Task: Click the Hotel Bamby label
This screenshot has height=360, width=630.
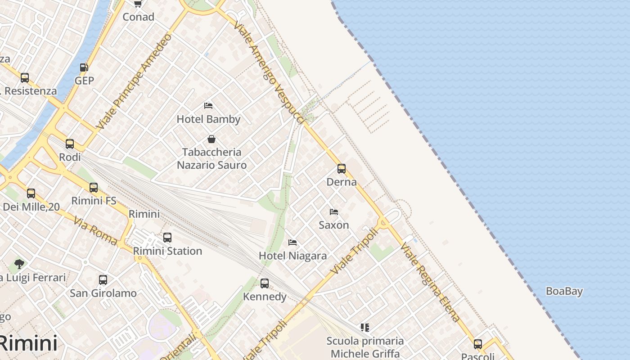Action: (208, 119)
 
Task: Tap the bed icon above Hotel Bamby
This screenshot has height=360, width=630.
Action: (208, 106)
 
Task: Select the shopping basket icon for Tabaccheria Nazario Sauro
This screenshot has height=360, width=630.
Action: (211, 139)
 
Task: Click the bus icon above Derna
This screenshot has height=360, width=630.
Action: (342, 169)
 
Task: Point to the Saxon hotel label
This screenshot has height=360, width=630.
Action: (334, 225)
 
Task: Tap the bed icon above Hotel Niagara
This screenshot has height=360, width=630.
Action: (292, 243)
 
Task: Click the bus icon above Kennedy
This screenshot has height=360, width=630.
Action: (265, 283)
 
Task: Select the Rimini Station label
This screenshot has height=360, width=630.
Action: (167, 251)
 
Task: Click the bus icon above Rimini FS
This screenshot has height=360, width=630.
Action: (94, 188)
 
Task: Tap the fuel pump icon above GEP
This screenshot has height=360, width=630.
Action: (84, 67)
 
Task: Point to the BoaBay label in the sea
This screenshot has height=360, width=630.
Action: (564, 291)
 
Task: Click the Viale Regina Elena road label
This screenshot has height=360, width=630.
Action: (430, 282)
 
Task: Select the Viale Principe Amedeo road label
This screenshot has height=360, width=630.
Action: (134, 81)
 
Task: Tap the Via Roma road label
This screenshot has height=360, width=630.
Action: (95, 231)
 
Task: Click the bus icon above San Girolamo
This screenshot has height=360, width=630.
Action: (103, 280)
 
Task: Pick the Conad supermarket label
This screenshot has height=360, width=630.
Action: (138, 17)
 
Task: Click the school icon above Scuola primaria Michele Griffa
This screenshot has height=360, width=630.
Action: (365, 328)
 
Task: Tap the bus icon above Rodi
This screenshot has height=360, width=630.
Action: (70, 144)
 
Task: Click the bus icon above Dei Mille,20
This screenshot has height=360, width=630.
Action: (31, 193)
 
